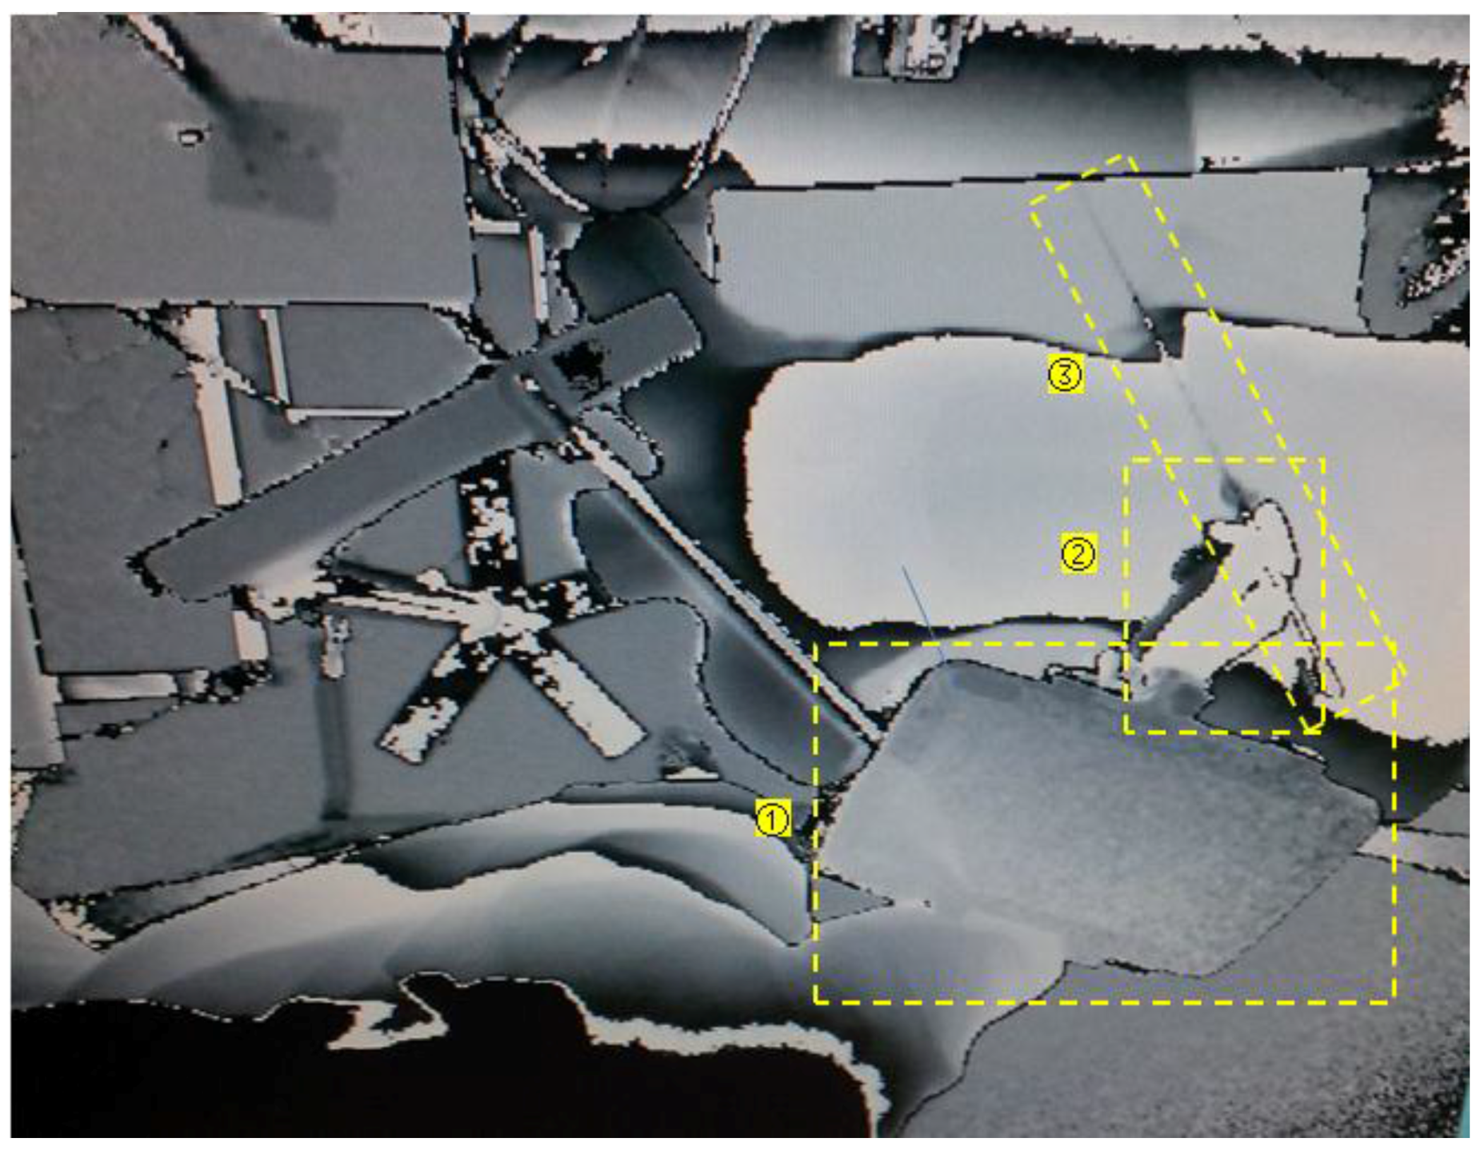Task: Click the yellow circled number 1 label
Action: tap(772, 819)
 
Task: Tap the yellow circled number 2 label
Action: tap(1078, 553)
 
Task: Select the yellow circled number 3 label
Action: tap(1064, 374)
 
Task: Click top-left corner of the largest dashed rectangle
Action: tap(816, 645)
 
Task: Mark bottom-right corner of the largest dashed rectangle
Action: tap(1393, 1001)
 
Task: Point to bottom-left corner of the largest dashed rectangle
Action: tap(816, 1001)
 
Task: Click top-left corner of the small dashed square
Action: tap(1127, 460)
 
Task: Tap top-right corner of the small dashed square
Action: tap(1322, 460)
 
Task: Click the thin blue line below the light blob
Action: tap(924, 614)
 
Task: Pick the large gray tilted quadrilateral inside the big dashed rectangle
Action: tap(1102, 819)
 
